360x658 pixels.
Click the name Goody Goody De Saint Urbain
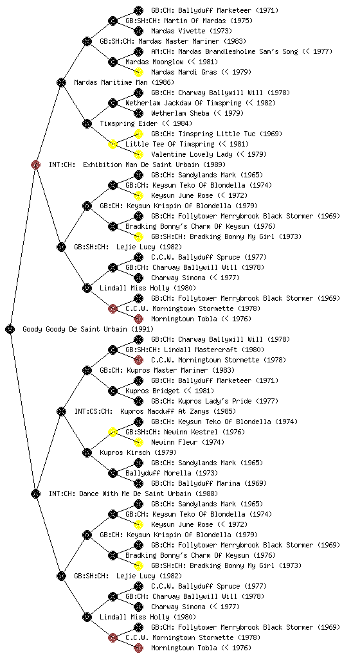pyautogui.click(x=75, y=329)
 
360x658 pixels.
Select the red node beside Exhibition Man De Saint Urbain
pyautogui.click(x=35, y=164)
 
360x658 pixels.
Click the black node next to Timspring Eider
pyautogui.click(x=87, y=123)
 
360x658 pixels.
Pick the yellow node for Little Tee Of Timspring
pyautogui.click(x=113, y=144)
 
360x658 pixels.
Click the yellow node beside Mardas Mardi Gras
pyautogui.click(x=138, y=72)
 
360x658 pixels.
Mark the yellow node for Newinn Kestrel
pyautogui.click(x=113, y=432)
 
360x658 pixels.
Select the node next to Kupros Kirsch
pyautogui.click(x=87, y=452)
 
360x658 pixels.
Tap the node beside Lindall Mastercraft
pyautogui.click(x=113, y=350)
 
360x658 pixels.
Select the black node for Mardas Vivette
pyautogui.click(x=138, y=31)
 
